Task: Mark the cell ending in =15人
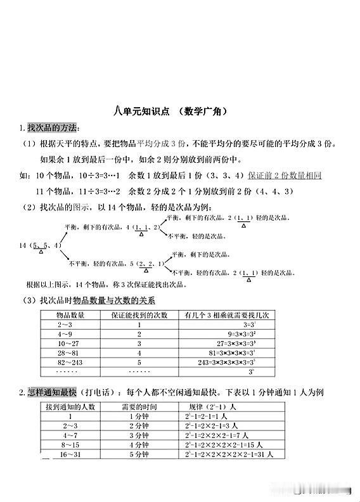pos(224,445)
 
